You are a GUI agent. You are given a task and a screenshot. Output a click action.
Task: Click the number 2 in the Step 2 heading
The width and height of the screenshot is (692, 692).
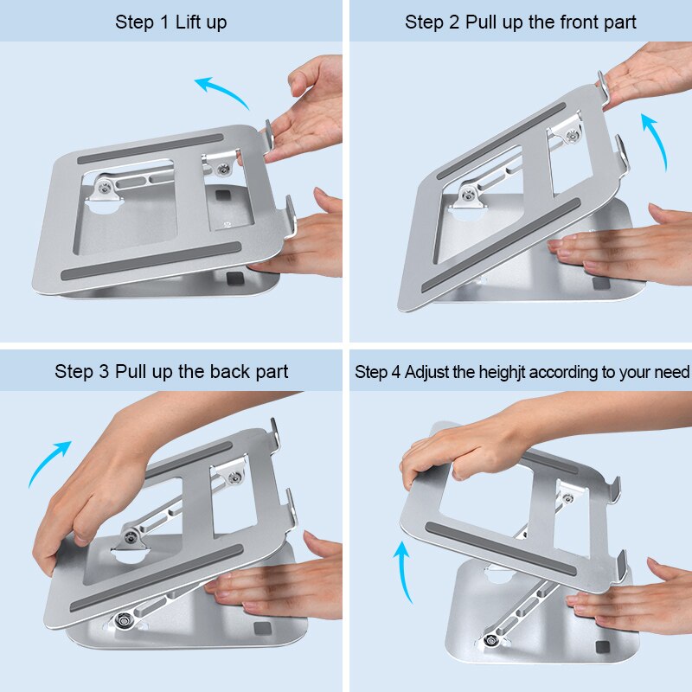coord(454,22)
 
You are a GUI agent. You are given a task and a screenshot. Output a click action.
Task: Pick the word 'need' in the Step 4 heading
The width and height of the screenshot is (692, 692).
coord(671,373)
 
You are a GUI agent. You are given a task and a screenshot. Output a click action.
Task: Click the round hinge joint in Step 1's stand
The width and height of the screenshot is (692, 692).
coord(106,189)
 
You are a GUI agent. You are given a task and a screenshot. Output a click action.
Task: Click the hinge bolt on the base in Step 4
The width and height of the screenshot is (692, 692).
coord(491,641)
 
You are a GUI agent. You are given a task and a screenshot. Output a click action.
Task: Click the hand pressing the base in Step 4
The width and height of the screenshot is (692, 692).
coord(623,597)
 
